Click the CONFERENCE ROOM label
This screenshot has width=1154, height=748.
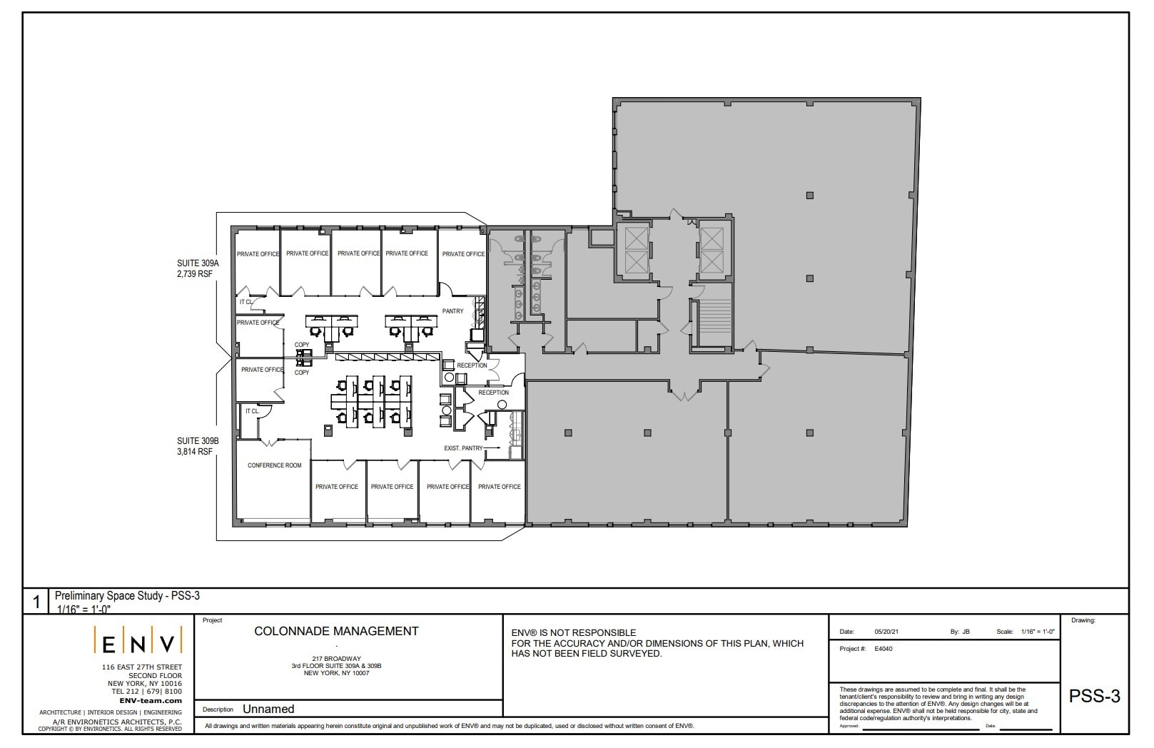275,465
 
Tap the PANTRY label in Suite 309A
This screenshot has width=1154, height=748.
452,311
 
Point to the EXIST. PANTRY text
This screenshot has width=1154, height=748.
463,448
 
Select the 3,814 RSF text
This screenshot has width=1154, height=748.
195,452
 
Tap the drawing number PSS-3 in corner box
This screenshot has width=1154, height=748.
1094,697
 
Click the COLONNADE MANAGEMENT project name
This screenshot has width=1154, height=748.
336,631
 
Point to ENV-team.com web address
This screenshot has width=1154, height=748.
151,700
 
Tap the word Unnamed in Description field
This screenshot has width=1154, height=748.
268,709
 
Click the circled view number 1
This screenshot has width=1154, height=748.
36,602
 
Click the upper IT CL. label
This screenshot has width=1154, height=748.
246,302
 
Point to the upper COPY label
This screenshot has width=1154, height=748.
302,345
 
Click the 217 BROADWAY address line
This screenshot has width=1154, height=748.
336,659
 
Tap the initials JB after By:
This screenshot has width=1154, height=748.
966,632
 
